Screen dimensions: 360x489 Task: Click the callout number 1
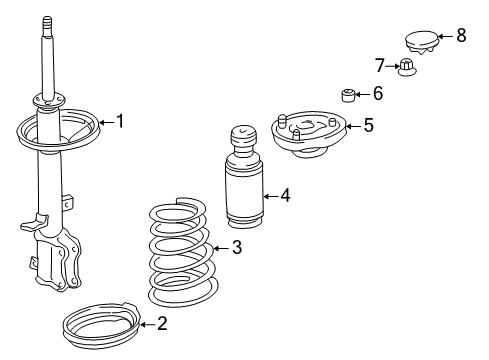(120, 122)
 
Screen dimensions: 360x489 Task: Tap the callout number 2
(162, 322)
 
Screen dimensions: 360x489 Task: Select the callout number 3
(236, 248)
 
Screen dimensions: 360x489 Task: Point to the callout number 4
(285, 195)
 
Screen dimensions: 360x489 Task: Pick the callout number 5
(368, 126)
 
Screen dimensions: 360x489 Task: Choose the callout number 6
(377, 94)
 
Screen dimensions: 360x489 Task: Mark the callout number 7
(380, 67)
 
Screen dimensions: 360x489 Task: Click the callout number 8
(461, 35)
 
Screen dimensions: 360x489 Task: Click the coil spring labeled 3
(180, 255)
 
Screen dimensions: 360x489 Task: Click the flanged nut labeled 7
(407, 69)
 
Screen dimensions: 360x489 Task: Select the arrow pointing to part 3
(219, 248)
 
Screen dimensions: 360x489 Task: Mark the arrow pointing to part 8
(444, 36)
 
